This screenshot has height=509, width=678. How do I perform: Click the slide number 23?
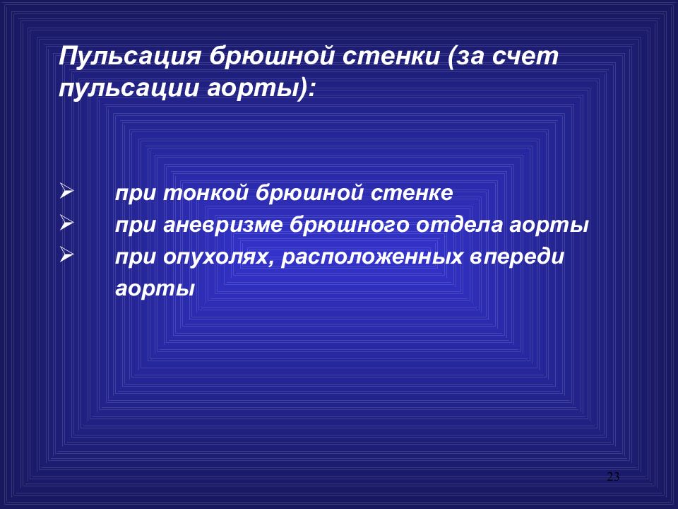click(612, 476)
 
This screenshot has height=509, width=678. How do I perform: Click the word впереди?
click(516, 257)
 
